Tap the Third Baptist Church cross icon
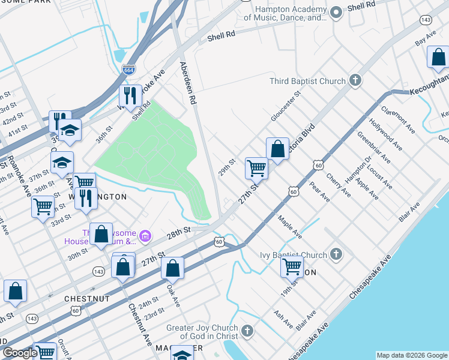click(x=355, y=80)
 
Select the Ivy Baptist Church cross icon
click(x=336, y=254)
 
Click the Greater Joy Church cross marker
click(x=247, y=330)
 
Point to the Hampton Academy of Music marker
click(x=336, y=11)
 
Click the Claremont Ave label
click(x=398, y=119)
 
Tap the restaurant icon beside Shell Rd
click(x=130, y=94)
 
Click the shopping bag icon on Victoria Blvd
click(x=277, y=149)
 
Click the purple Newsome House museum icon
click(x=145, y=237)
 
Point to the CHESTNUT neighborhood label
click(x=88, y=298)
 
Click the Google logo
click(x=19, y=353)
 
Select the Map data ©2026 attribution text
click(x=411, y=355)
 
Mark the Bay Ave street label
click(x=425, y=39)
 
